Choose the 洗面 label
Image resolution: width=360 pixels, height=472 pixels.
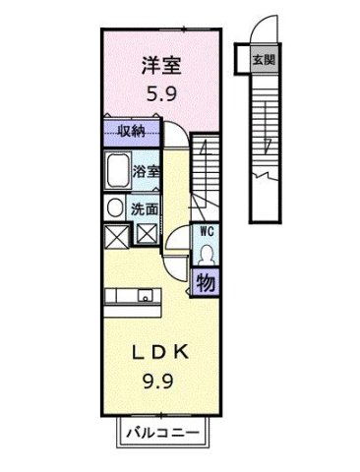click(148, 207)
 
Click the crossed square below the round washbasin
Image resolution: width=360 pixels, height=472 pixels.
click(115, 236)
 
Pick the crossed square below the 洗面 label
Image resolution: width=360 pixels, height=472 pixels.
click(147, 236)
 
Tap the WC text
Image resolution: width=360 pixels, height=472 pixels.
click(208, 231)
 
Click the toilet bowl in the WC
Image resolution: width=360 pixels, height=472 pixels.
click(207, 254)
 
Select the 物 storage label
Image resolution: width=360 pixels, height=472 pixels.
click(207, 283)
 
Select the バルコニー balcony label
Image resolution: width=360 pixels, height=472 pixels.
click(163, 433)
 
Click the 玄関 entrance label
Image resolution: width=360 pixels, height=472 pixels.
click(264, 58)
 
